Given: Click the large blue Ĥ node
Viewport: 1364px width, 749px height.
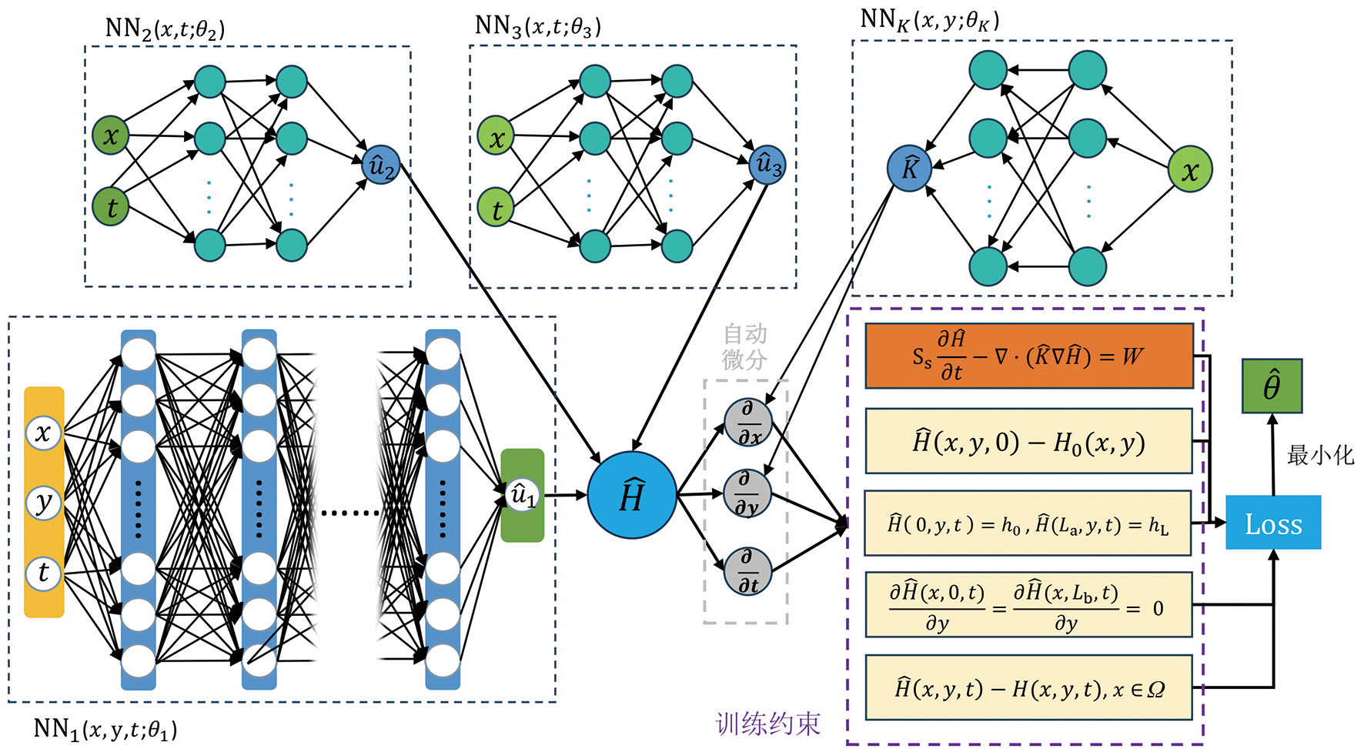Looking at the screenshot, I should coord(632,495).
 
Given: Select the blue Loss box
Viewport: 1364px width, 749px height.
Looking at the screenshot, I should coord(1273,523).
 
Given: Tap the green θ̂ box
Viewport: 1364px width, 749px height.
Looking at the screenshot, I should coord(1272,386).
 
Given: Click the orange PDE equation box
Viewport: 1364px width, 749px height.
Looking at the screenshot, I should coord(1029,356).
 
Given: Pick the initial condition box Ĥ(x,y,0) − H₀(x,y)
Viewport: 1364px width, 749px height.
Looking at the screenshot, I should coord(1029,441).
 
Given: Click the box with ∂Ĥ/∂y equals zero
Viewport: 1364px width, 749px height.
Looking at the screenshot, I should coord(1029,605).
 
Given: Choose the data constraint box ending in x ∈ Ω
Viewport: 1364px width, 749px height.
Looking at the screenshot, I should coord(1029,687).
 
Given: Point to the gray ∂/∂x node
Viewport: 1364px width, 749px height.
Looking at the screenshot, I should coord(748,423).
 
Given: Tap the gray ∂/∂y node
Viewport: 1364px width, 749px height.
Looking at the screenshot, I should coord(747,493).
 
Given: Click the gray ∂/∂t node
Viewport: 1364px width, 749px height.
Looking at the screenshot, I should coord(748,571).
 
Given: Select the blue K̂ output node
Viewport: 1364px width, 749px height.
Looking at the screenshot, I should coord(909,169).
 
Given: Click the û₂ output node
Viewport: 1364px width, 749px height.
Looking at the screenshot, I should coord(381,165).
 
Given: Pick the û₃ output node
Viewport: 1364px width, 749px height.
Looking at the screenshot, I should coord(767,165).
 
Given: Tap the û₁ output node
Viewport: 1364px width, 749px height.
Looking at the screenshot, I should coord(523,495).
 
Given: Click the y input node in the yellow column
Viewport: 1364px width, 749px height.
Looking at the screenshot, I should coord(44,503).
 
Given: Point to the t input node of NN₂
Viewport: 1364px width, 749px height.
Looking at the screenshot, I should coord(111,207).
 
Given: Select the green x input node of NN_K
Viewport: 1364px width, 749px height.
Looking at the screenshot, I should coord(1190,169).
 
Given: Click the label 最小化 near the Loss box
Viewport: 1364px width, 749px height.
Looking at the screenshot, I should coord(1319,455).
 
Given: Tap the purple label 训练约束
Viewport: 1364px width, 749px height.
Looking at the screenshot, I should coord(767,724).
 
